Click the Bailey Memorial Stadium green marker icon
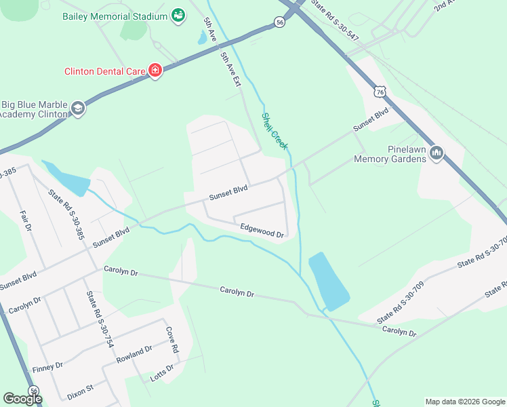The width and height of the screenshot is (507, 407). point(178,16)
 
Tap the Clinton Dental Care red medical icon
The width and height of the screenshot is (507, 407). point(155,71)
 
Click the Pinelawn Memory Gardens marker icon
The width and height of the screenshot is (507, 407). point(437,154)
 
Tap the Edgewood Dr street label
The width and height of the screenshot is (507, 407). point(262,231)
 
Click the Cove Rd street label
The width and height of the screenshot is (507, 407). point(172,339)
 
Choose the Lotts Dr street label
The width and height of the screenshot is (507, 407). point(161,373)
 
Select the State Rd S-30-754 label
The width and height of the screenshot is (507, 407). point(99,319)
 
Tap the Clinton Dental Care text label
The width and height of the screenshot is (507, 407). point(105,71)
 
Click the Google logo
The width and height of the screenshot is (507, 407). point(22,399)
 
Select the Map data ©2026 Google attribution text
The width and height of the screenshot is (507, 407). point(464,402)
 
